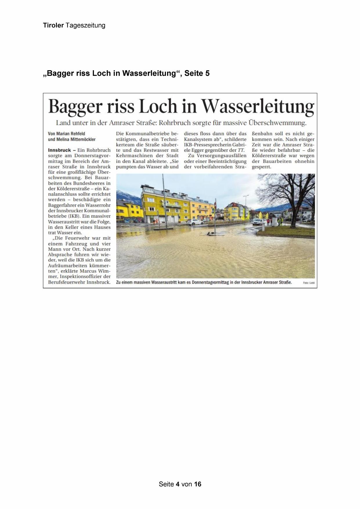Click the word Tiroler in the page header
(53, 26)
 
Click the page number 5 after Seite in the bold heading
(207, 73)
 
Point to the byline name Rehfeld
(78, 134)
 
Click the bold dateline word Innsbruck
(59, 150)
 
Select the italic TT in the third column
(241, 150)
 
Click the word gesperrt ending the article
(261, 167)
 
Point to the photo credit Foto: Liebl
(309, 283)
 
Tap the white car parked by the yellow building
(195, 222)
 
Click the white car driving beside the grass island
(258, 222)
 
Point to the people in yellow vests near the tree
(280, 222)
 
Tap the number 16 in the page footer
(198, 484)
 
